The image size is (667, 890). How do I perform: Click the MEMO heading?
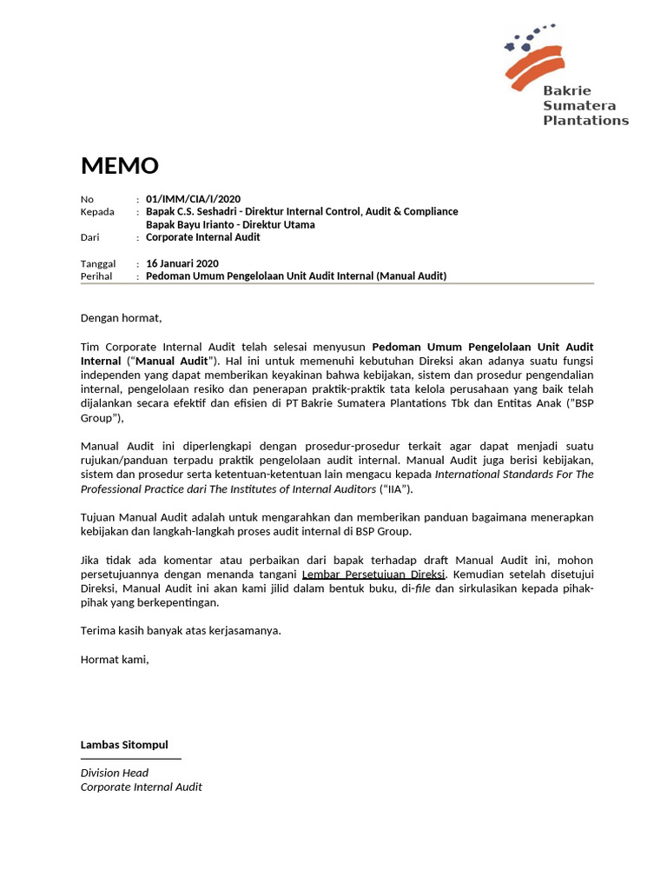[x=120, y=165]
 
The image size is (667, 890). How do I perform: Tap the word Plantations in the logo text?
[x=585, y=121]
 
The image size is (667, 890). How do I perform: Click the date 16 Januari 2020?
[x=182, y=263]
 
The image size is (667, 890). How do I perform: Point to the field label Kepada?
[x=97, y=212]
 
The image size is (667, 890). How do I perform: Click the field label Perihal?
[x=97, y=276]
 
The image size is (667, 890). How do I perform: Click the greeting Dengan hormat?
[x=122, y=318]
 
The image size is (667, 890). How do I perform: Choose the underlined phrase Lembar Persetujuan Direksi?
[x=373, y=575]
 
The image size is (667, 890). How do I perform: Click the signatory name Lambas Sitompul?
[x=124, y=745]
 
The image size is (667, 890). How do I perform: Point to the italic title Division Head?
[x=115, y=773]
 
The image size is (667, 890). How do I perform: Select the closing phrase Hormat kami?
[x=115, y=659]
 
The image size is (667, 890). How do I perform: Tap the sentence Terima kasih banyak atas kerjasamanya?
[x=181, y=630]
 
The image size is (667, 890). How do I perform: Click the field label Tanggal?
[x=98, y=263]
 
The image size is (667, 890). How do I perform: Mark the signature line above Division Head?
[x=131, y=759]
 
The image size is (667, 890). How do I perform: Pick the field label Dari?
[x=90, y=237]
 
